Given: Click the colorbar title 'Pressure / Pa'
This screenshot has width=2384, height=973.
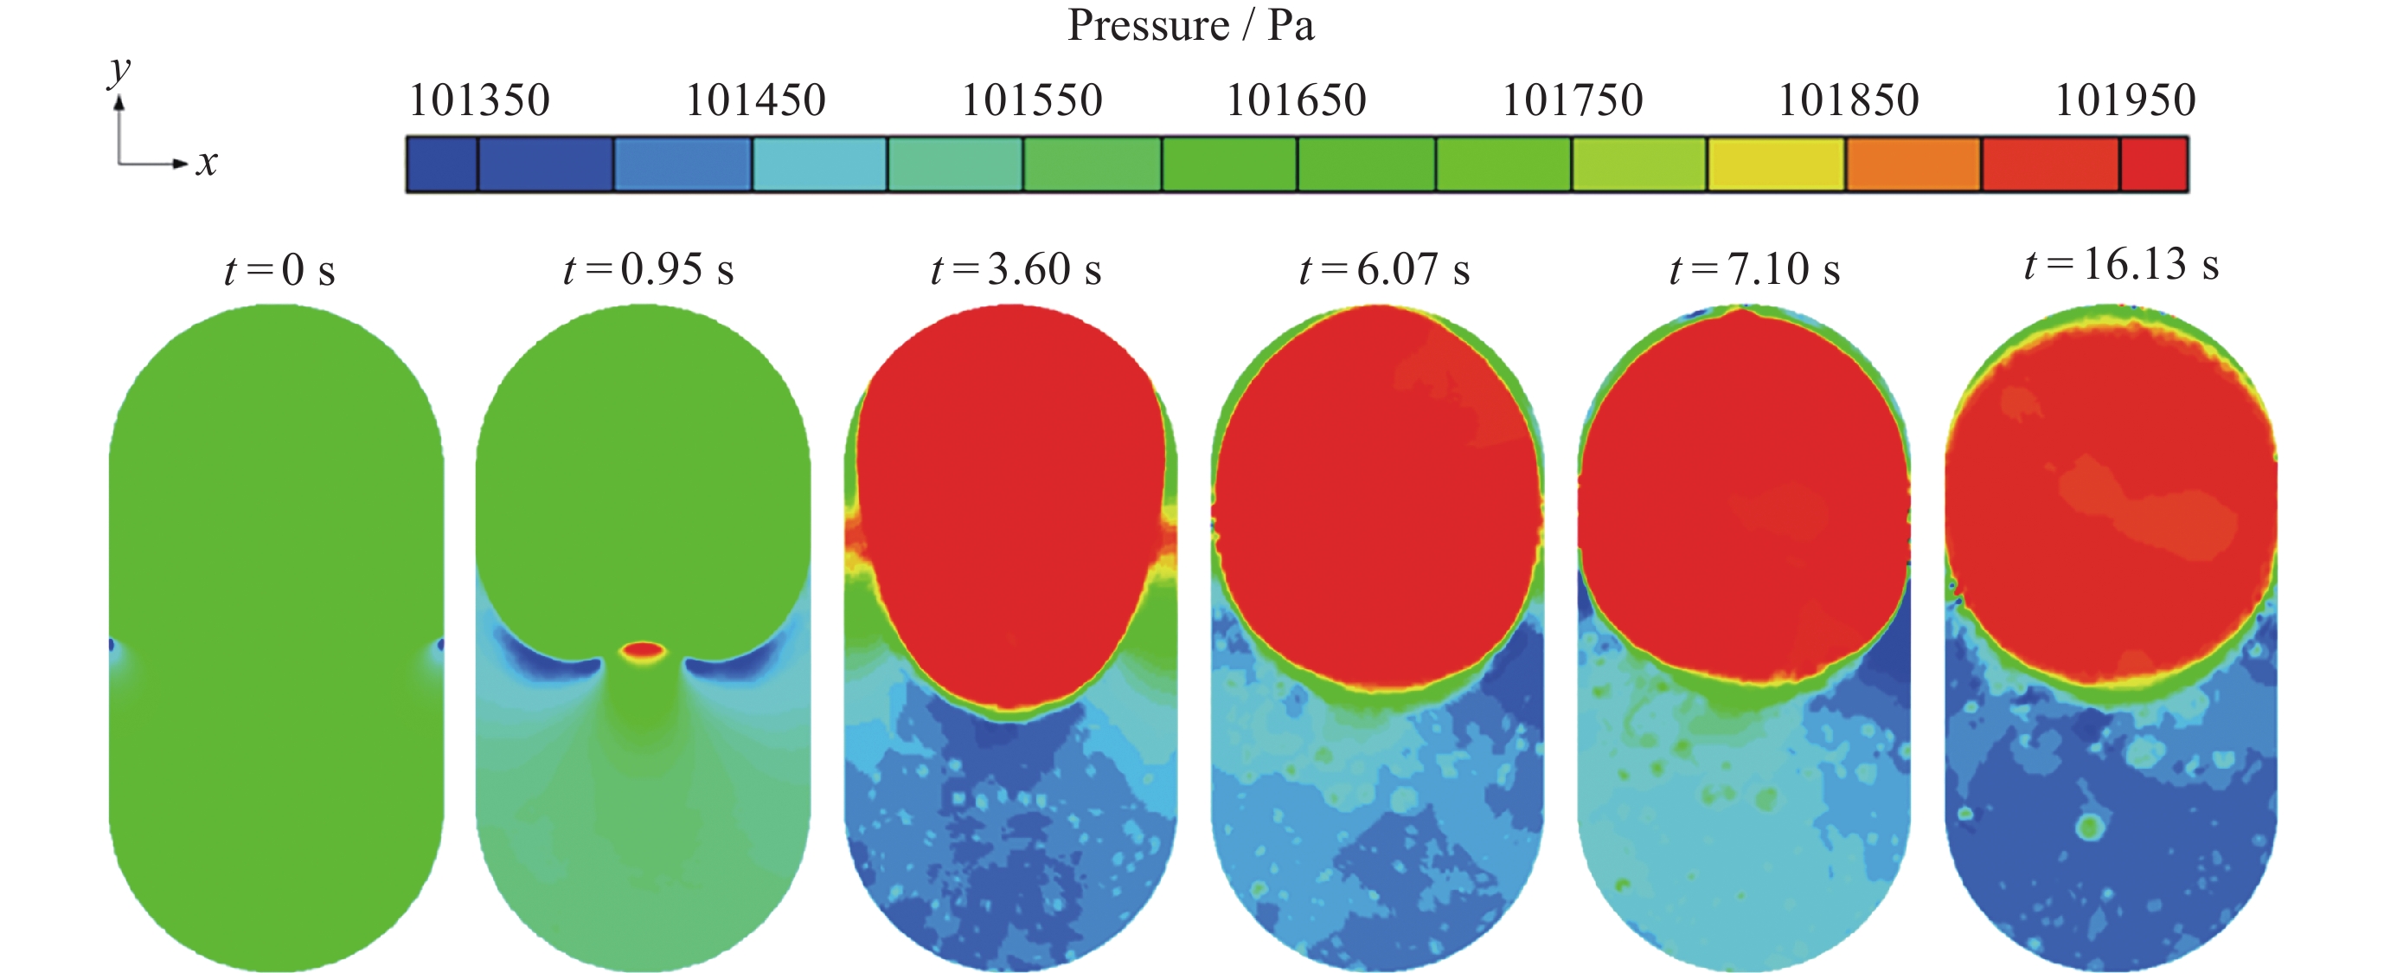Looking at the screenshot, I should pos(1190,25).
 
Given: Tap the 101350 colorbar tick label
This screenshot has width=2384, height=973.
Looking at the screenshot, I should pos(479,100).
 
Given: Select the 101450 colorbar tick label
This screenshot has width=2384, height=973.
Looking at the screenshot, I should pos(755,100).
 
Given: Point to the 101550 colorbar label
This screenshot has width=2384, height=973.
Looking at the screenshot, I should pos(1032,100).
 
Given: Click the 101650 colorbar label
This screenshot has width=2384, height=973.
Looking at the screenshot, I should pos(1296,100).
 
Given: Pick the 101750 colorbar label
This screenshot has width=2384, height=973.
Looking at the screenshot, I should pos(1573,100).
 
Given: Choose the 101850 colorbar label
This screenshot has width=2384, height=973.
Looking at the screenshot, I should pos(1849,100).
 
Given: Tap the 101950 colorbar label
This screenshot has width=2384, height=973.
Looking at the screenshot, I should pos(2124,100).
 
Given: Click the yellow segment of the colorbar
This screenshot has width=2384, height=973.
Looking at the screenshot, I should pos(1776,164).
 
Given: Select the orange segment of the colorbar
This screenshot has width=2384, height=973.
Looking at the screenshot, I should pos(1913,164).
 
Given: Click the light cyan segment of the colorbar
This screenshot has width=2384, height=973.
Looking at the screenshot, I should pos(820,164).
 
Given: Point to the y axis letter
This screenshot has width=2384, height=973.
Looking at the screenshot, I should pos(120,69).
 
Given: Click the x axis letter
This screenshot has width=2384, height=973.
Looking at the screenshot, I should pos(207,163).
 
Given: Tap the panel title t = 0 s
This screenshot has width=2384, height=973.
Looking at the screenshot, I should pos(279,270).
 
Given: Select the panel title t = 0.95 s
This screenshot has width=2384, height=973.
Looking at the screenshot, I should pos(648,269).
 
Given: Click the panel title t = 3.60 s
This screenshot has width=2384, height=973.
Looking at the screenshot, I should pos(1016,269).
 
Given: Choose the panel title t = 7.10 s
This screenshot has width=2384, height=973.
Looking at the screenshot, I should pos(1753,269).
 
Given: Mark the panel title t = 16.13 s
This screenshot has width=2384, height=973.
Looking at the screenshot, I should pos(2121,265).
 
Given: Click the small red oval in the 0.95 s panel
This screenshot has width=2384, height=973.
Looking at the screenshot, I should pos(642,650).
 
